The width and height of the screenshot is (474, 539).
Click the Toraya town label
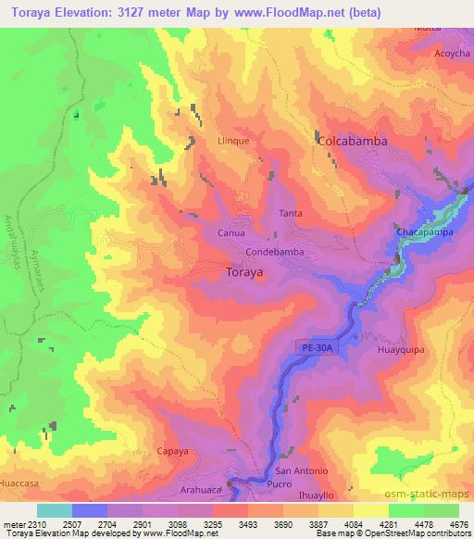click(244, 273)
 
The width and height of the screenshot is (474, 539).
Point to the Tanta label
click(291, 213)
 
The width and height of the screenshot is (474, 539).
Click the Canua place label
click(231, 233)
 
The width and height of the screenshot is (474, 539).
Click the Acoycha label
click(453, 53)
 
